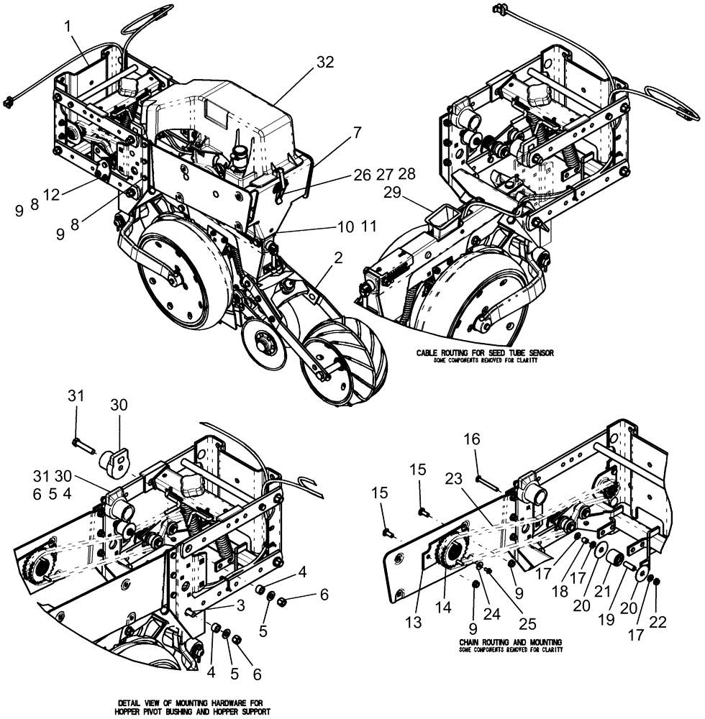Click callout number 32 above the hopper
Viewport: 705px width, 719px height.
(x=324, y=63)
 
